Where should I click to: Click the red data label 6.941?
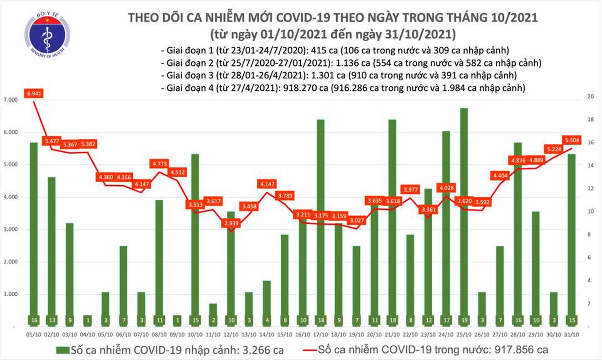click(x=34, y=94)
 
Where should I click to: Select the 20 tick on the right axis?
click(x=590, y=97)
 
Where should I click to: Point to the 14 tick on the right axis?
click(x=590, y=165)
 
